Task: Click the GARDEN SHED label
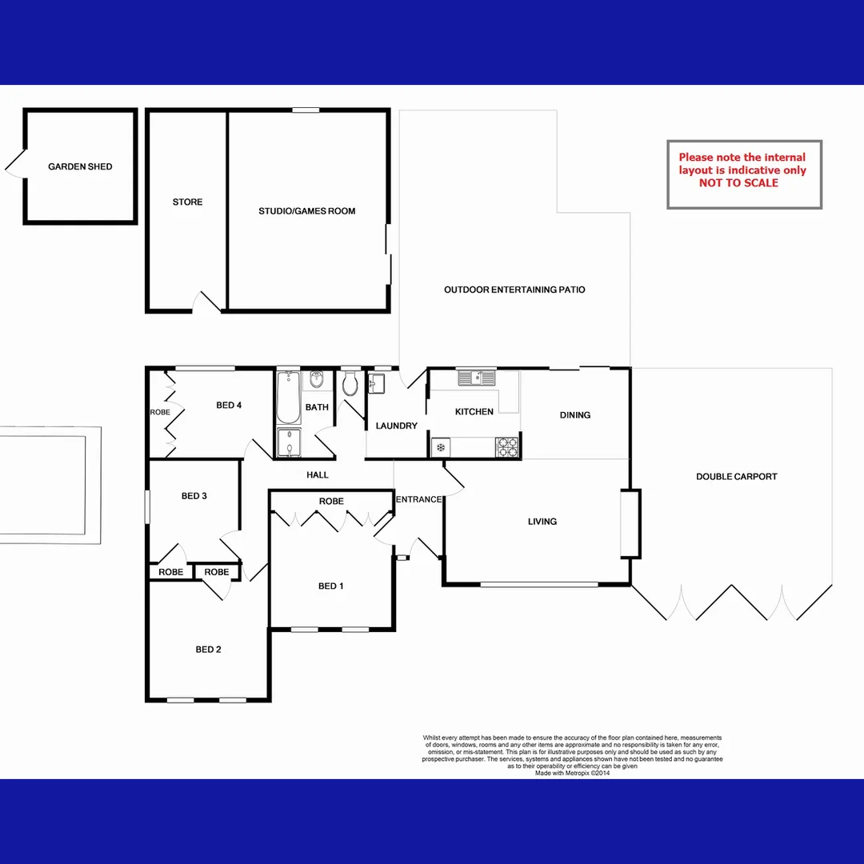point(80,166)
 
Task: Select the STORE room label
point(187,202)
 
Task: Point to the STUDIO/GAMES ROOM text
point(306,211)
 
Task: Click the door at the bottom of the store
point(207,302)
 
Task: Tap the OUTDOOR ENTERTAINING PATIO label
point(514,290)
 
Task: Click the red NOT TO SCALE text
point(738,183)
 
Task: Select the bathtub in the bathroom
point(288,397)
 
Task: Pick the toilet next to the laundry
point(350,385)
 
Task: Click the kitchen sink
point(476,377)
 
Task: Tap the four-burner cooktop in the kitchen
point(507,446)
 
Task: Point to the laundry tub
point(378,385)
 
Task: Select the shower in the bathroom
point(288,442)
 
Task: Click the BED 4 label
point(229,405)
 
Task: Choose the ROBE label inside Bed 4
point(160,413)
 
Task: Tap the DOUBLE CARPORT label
point(736,476)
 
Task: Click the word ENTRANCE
point(418,499)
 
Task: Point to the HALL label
point(318,475)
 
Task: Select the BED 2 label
point(208,649)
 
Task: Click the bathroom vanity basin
point(317,379)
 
